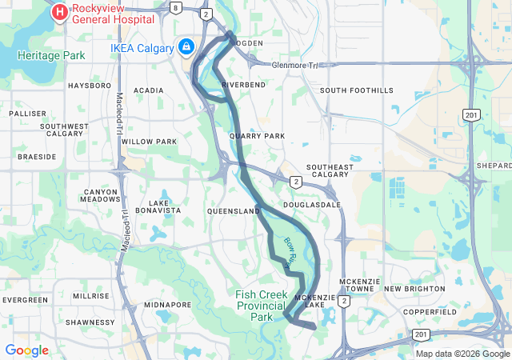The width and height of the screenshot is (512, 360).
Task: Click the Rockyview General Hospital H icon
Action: tap(60, 12)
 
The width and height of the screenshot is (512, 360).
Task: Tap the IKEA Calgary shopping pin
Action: tap(186, 47)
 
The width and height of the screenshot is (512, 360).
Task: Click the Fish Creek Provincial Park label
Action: tap(262, 306)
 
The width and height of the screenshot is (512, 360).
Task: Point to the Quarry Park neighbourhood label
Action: tap(257, 136)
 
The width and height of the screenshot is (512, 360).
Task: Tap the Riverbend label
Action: tap(243, 84)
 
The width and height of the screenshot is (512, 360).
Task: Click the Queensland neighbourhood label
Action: tap(234, 211)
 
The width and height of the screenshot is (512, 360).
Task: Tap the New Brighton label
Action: tap(414, 288)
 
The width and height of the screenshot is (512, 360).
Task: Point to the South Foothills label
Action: tap(357, 90)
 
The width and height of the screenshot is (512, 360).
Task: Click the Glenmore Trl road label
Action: tap(294, 66)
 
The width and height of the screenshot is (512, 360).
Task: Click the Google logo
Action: tap(26, 350)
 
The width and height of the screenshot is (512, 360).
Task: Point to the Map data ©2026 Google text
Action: tap(462, 354)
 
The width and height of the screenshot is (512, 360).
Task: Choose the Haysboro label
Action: tap(90, 85)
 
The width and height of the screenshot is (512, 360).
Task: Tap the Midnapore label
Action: tap(167, 305)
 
